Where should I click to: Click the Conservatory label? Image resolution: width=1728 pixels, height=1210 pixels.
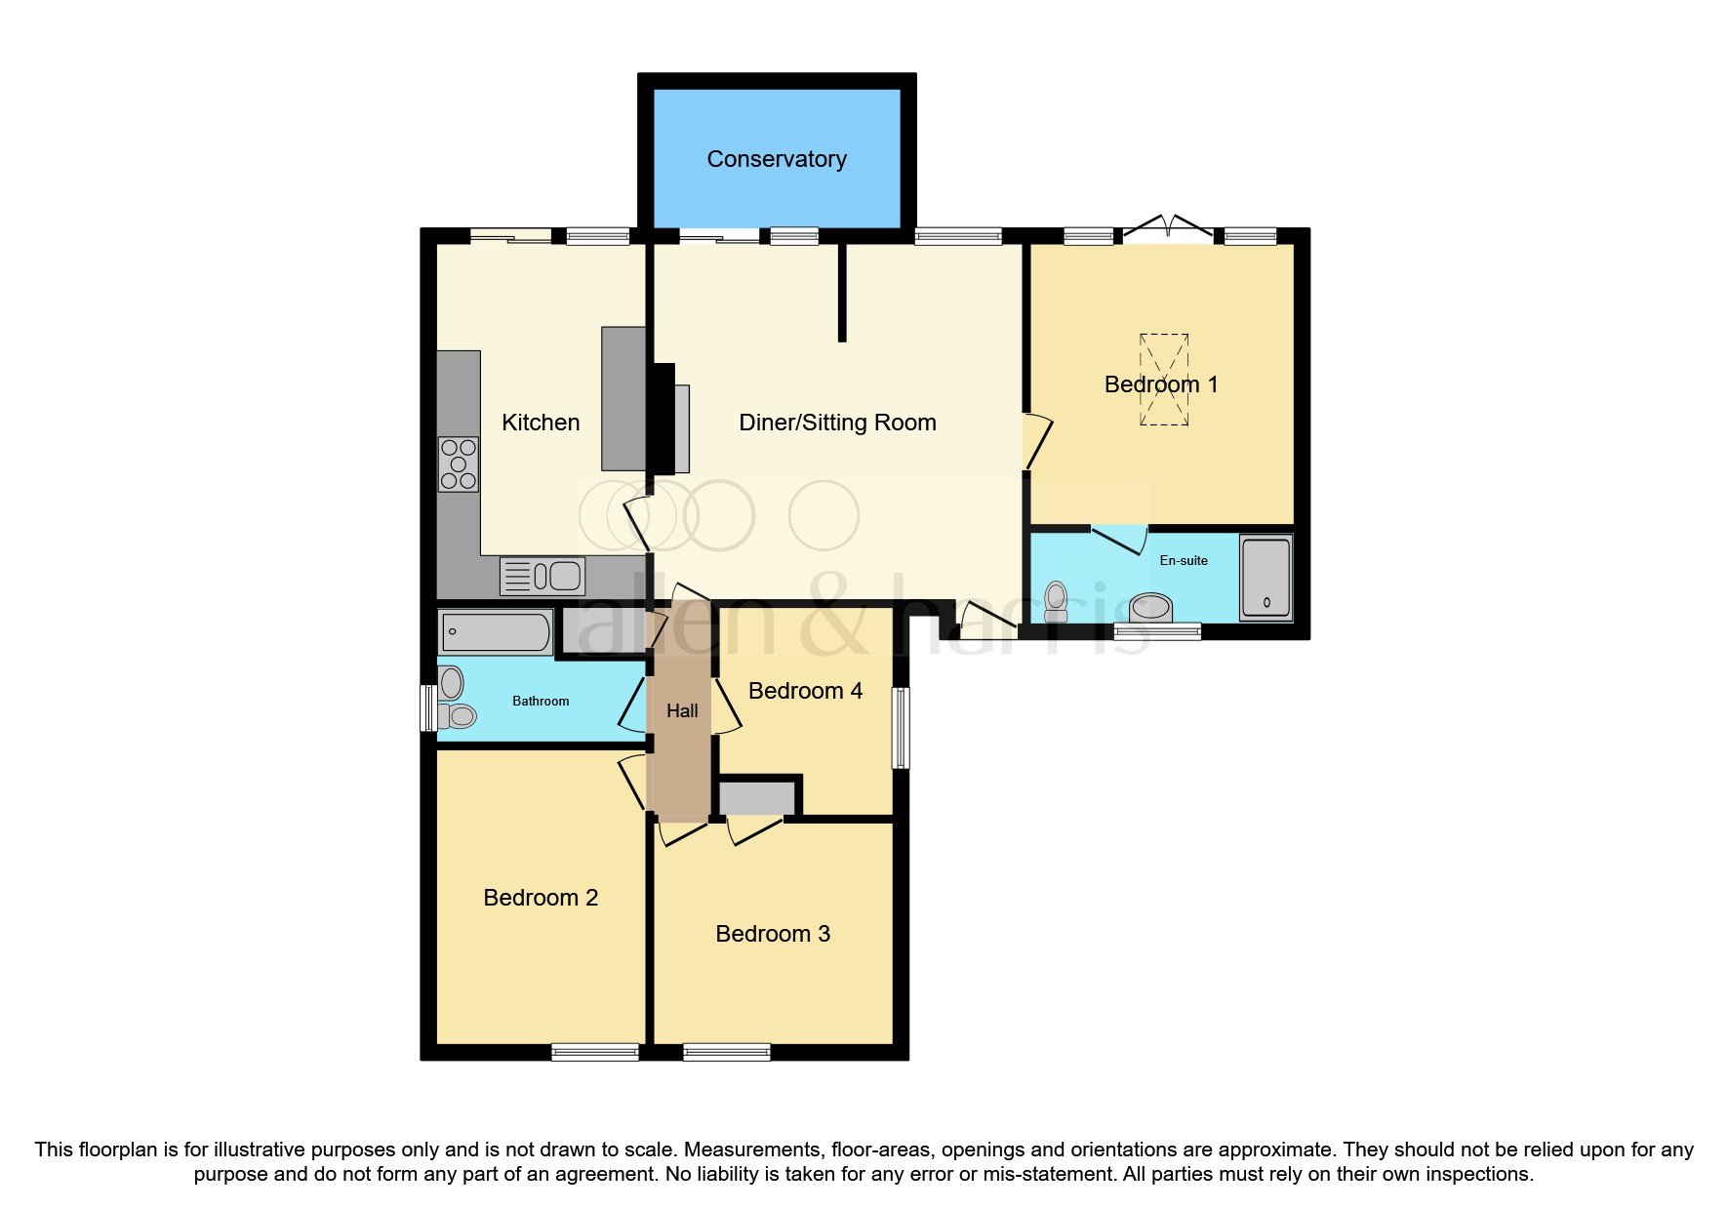(777, 159)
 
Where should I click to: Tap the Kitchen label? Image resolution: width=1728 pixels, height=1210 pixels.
(541, 423)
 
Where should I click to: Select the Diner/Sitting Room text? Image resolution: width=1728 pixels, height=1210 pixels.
(837, 423)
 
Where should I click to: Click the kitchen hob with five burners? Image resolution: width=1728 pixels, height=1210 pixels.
(459, 464)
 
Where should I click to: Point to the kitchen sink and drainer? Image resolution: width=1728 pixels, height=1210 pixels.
(543, 576)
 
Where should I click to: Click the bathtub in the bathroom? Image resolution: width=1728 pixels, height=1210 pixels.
(496, 632)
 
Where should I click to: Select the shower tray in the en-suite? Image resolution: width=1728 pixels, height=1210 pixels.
(1266, 577)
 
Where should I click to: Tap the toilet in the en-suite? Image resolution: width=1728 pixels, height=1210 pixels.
(1056, 601)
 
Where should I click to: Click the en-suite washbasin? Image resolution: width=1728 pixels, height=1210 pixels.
(1151, 607)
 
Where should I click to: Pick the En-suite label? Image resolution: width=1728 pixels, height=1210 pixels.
(1184, 560)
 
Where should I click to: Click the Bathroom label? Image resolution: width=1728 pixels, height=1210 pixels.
(541, 701)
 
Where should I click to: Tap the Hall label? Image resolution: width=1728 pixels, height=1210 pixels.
(682, 711)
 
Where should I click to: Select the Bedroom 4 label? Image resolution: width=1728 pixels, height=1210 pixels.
(805, 691)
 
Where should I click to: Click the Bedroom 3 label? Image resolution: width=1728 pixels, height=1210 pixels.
(773, 934)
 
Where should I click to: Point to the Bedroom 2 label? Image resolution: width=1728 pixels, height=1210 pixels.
(541, 898)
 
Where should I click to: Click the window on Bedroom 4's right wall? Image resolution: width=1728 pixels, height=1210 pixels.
(902, 728)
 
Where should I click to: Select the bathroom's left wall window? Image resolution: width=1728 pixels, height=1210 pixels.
(428, 707)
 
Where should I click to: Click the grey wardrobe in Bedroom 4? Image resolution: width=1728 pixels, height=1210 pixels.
(757, 798)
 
